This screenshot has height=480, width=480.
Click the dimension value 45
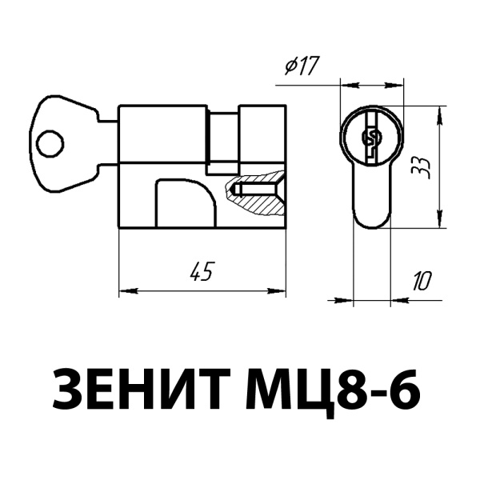[x=201, y=272]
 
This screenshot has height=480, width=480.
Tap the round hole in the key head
[x=50, y=144]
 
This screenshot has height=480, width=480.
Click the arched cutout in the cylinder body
[x=185, y=204]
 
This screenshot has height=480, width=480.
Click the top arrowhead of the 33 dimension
[x=439, y=110]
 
